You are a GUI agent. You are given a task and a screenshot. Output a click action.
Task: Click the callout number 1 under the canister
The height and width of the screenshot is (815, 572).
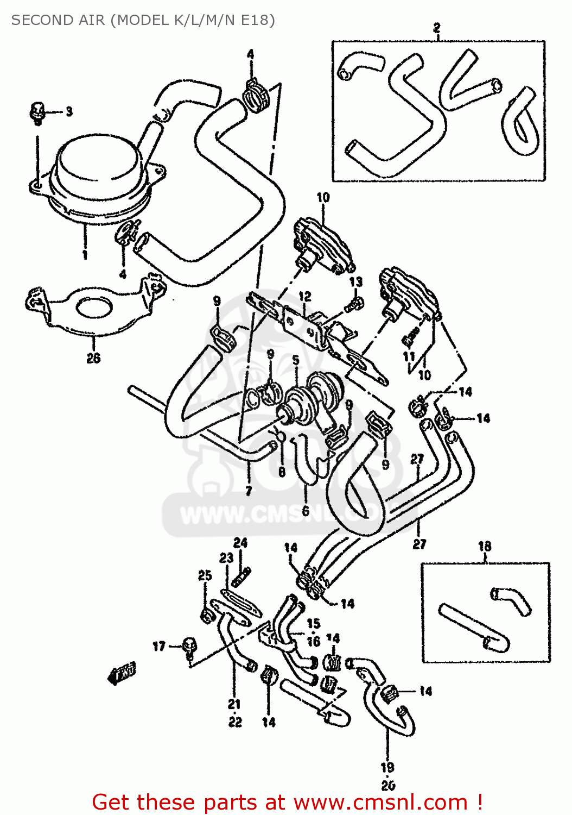[x=85, y=255]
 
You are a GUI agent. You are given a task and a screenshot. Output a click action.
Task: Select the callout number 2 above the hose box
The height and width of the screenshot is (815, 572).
[x=437, y=28]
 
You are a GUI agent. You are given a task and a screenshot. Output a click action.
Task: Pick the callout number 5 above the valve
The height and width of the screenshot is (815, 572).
[x=296, y=360]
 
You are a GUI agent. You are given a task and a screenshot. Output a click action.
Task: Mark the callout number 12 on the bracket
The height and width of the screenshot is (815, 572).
[x=305, y=297]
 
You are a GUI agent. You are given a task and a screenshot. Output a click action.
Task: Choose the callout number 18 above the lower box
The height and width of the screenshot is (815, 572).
[x=485, y=546]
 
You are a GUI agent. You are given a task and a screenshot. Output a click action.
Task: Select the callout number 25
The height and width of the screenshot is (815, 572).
[x=205, y=575]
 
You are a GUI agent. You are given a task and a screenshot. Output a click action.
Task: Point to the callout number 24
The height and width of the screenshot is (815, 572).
[x=240, y=543]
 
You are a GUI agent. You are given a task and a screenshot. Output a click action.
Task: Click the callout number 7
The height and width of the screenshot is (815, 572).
[x=249, y=491]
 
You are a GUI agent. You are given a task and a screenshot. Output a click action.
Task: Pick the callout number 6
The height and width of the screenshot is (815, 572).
[x=306, y=511]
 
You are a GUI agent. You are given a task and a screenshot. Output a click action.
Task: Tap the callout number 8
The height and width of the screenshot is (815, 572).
[x=282, y=472]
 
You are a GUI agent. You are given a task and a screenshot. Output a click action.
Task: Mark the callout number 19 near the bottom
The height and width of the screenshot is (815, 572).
[x=387, y=768]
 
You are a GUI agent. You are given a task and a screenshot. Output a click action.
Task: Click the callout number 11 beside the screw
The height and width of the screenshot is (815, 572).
[x=409, y=357]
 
